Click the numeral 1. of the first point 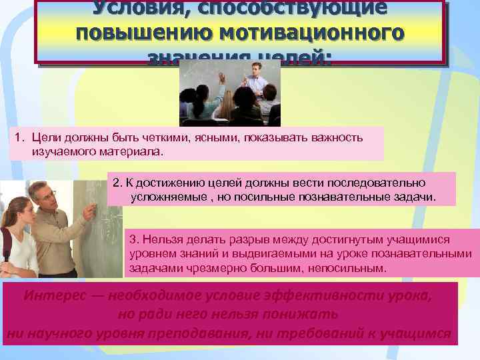(19, 137)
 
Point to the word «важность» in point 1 (333, 137)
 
